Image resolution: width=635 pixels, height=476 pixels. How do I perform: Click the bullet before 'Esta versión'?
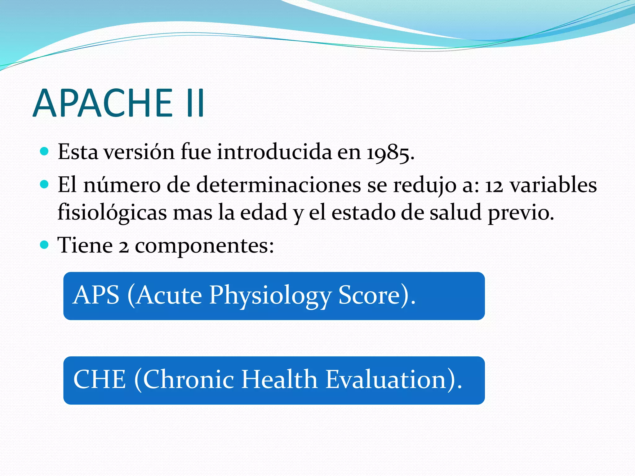tap(45, 151)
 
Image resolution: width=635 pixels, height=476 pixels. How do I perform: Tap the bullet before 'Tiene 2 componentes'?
tap(45, 245)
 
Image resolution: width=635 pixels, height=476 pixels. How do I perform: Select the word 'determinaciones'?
tap(278, 185)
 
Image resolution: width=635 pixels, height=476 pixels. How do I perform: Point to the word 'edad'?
tap(264, 213)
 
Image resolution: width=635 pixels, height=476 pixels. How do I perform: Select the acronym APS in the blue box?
tap(96, 295)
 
